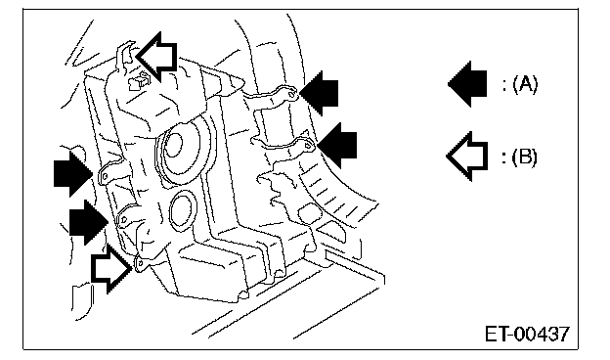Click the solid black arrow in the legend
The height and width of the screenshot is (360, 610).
pos(468,84)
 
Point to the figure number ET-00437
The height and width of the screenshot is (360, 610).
pos(527,334)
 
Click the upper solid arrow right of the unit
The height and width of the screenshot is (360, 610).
pos(319,93)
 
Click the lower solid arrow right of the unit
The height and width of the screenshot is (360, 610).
pos(337,145)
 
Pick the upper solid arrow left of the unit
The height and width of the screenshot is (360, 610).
pos(73,173)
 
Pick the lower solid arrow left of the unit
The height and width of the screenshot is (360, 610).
pos(89,222)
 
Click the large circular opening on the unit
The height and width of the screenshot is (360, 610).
pos(185,149)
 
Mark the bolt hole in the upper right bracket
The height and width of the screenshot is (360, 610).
pos(292,93)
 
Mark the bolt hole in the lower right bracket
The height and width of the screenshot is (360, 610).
pos(308,146)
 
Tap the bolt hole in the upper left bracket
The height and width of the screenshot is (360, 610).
pos(105,177)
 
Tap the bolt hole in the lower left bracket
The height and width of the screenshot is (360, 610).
pos(124,221)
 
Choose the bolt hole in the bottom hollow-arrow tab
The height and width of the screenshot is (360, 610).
pos(140,264)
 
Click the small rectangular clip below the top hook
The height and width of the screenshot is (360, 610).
pos(139,81)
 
